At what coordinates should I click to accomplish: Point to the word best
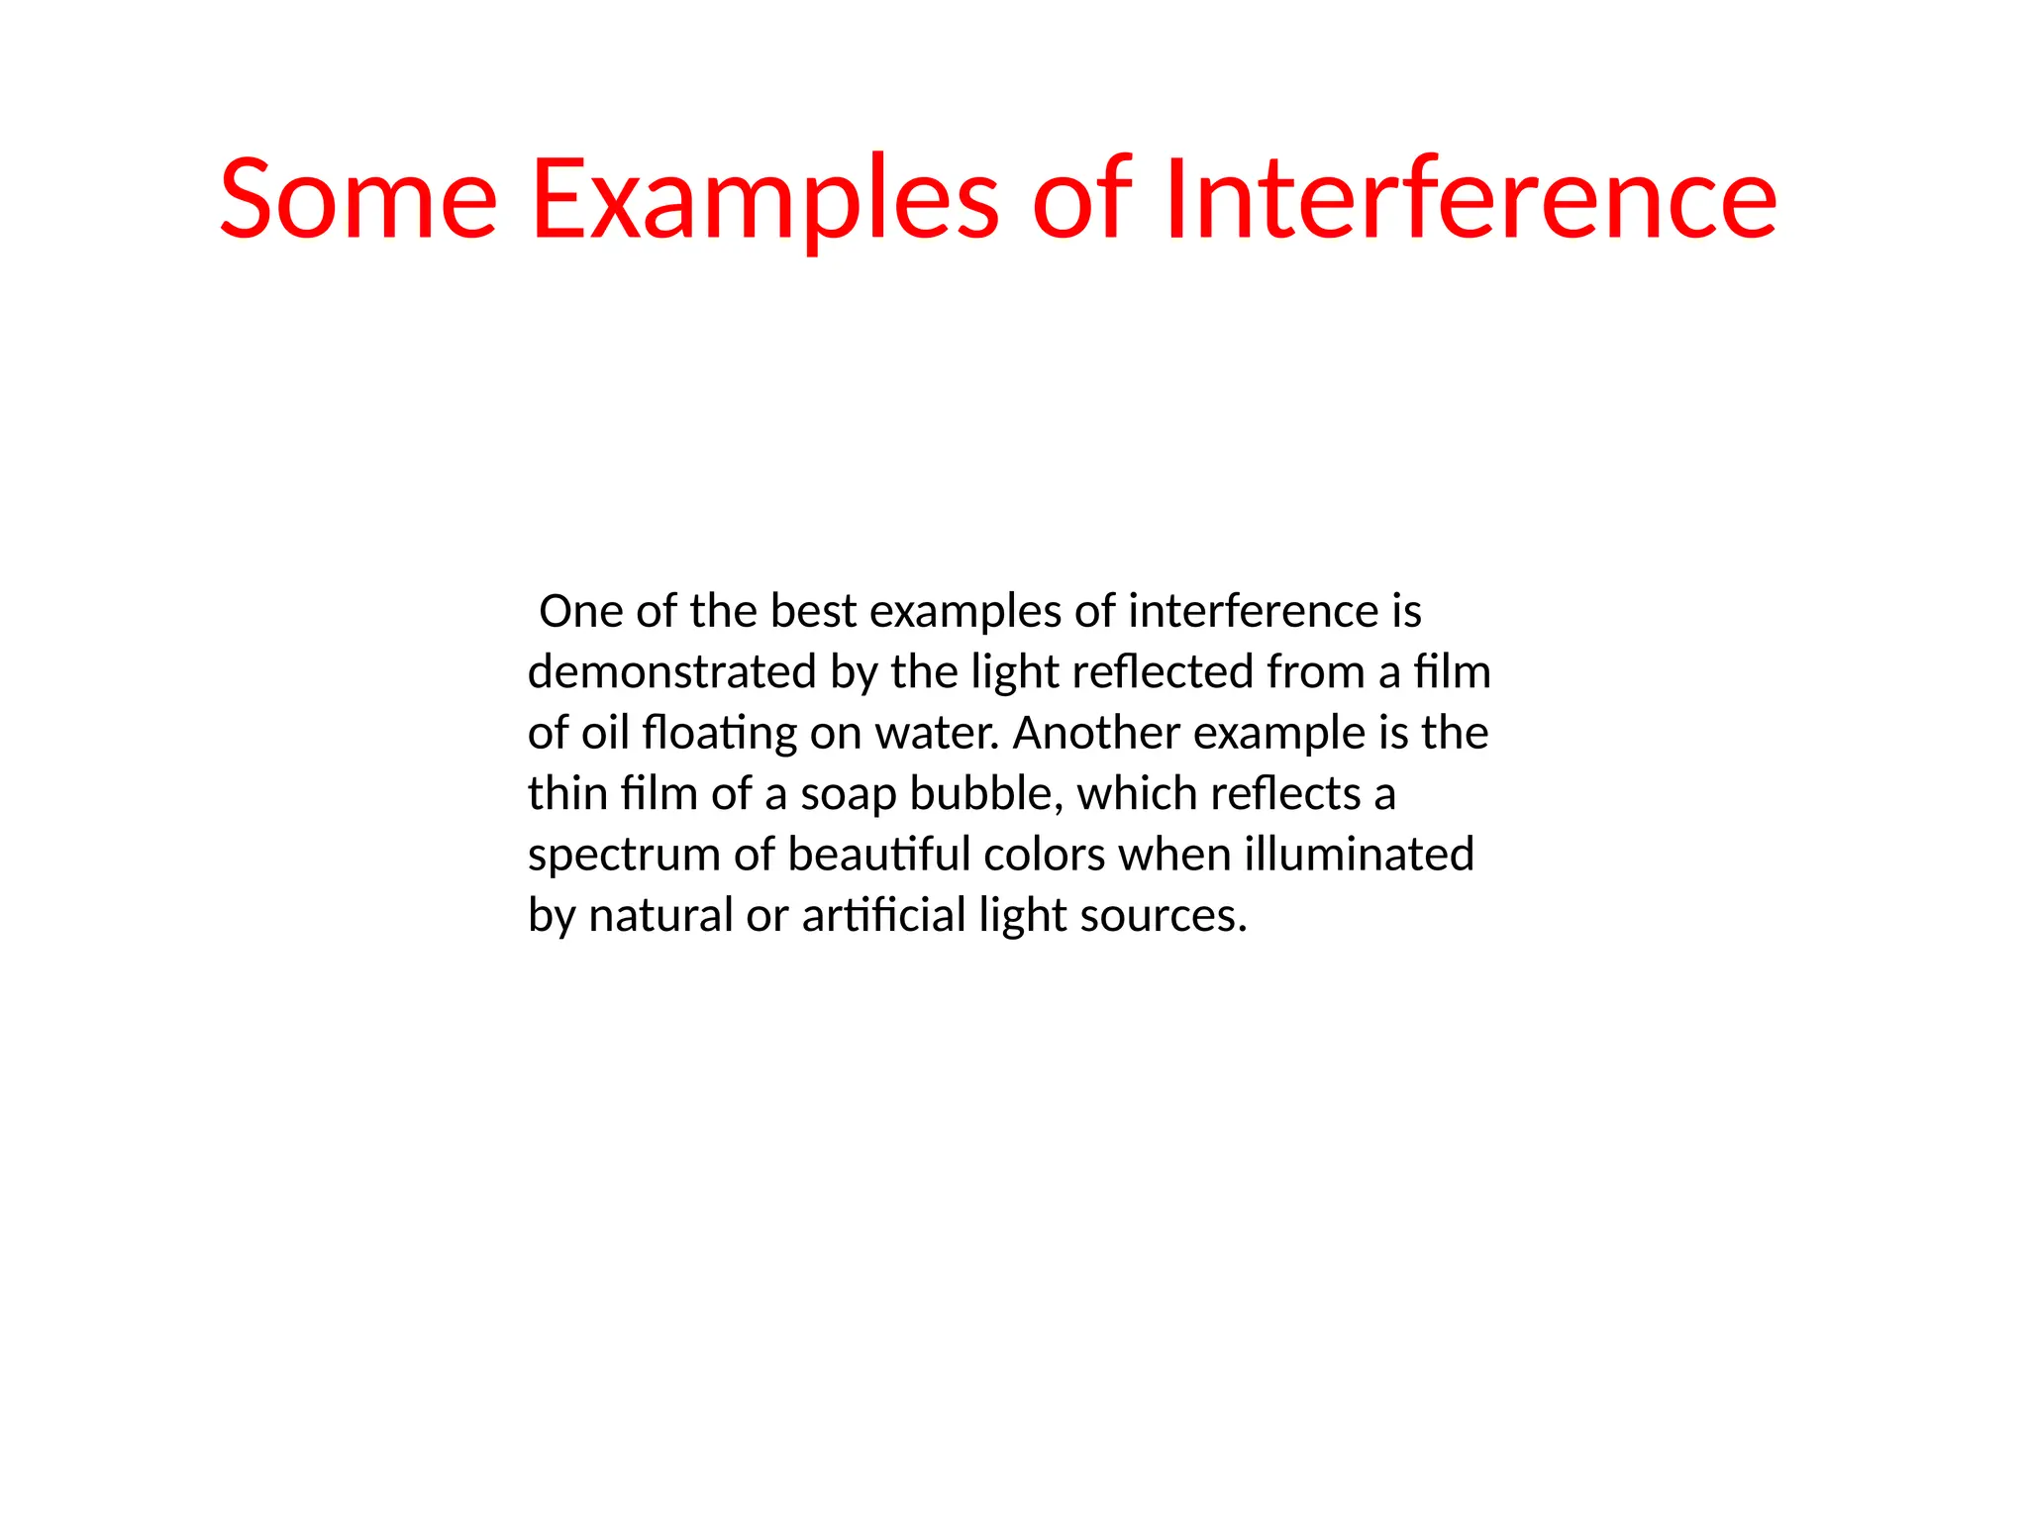813,612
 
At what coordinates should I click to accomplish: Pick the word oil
606,734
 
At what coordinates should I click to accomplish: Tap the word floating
719,734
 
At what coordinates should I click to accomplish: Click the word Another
1096,734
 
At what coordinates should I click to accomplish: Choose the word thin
567,794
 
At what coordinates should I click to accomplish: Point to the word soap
848,794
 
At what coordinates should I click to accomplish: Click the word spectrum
624,856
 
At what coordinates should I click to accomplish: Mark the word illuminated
1359,856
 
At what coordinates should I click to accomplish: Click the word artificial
883,916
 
